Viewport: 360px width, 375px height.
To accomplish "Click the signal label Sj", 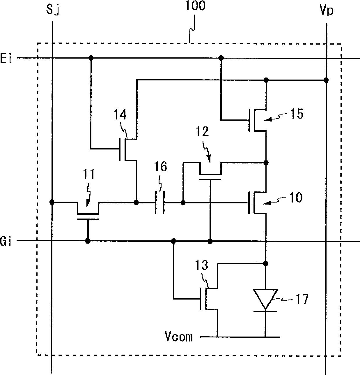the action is tap(52, 9).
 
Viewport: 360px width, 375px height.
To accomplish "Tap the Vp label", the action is tap(326, 10).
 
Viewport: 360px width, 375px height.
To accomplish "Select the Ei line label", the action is tap(6, 58).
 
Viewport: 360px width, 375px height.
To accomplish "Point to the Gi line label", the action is tap(6, 241).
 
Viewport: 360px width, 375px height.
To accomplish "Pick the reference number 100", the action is tap(195, 6).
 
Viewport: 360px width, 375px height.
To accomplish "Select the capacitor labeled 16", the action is tap(160, 203).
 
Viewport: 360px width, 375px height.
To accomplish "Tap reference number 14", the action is tap(120, 115).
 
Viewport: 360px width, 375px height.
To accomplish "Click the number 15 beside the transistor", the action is tap(297, 114).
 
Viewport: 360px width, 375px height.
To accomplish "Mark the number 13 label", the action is tap(202, 265).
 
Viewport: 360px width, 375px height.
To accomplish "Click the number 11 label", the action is tap(89, 174).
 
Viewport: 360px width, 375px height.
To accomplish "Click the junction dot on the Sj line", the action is tap(52, 202).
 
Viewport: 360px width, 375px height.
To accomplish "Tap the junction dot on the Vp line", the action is tap(326, 80).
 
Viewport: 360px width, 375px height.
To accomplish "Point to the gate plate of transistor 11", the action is tap(88, 219).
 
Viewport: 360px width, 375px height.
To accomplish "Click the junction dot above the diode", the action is tap(266, 263).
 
